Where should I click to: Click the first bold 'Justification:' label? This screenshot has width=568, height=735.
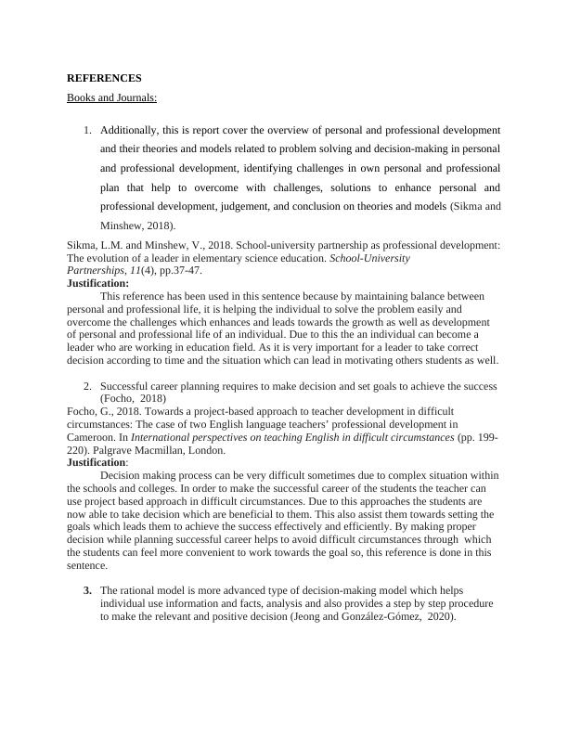[x=98, y=283]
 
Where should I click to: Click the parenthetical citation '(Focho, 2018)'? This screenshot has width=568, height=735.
[x=133, y=397]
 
